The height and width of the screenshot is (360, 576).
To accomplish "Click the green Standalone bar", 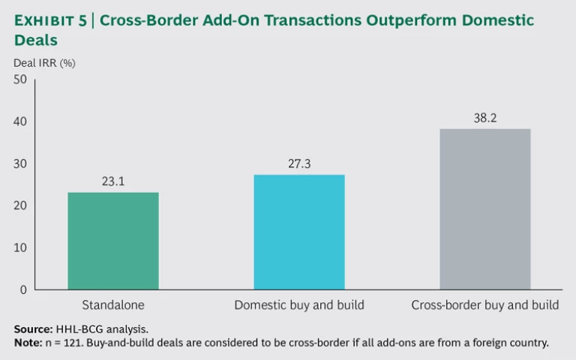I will coord(113,241).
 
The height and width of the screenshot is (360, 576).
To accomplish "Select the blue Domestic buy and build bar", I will coord(299,232).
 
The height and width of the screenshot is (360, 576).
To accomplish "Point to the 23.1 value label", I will coord(113,181).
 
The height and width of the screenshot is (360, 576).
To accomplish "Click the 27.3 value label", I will coord(299,163).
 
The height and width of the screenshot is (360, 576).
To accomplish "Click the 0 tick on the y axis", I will coord(22,289).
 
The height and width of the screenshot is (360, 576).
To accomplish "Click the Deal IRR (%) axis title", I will coord(44,63).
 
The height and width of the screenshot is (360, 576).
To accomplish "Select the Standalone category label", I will coord(113,305).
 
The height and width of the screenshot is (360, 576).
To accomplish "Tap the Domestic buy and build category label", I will coord(299,305).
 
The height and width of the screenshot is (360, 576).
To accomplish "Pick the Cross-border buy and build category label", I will coord(485,305).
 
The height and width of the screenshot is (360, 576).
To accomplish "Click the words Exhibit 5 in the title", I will coord(48,20).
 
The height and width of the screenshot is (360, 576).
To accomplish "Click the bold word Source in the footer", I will coord(32,329).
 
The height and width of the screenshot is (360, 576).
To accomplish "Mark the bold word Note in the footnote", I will coord(28,343).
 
